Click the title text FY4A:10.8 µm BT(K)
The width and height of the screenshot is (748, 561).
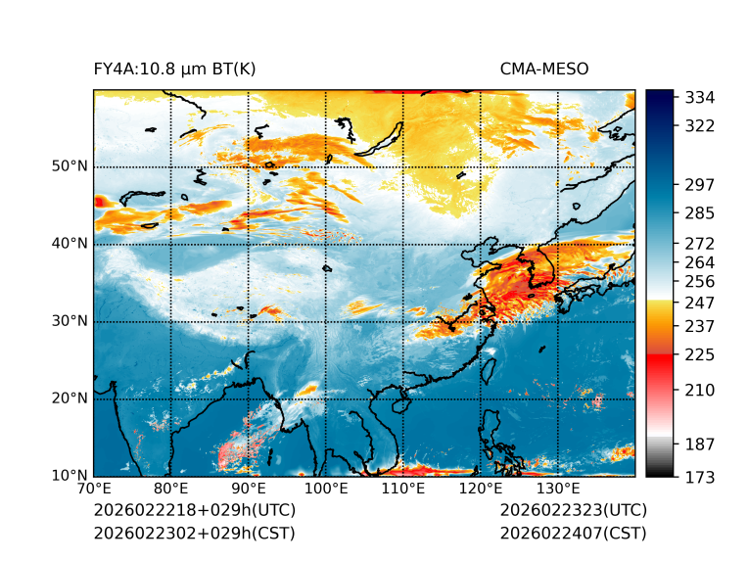(x=174, y=69)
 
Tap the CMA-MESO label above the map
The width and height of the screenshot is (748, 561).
(x=543, y=69)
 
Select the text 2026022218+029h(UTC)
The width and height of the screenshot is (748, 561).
(x=194, y=511)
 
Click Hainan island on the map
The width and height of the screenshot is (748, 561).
(x=398, y=403)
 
